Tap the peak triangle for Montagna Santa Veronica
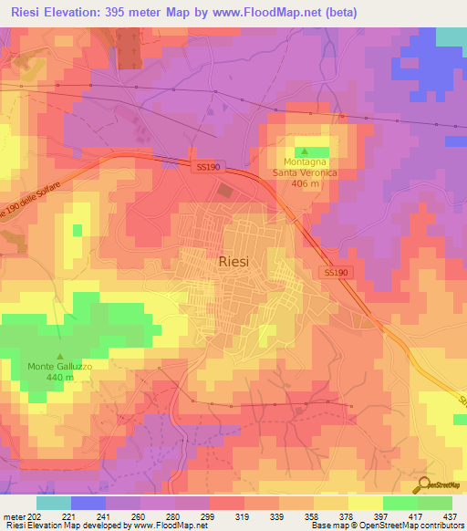(305, 151)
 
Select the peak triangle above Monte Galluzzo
(60, 357)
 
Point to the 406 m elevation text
(305, 183)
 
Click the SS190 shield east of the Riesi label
(336, 273)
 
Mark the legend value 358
(312, 517)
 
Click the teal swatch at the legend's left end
(53, 503)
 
